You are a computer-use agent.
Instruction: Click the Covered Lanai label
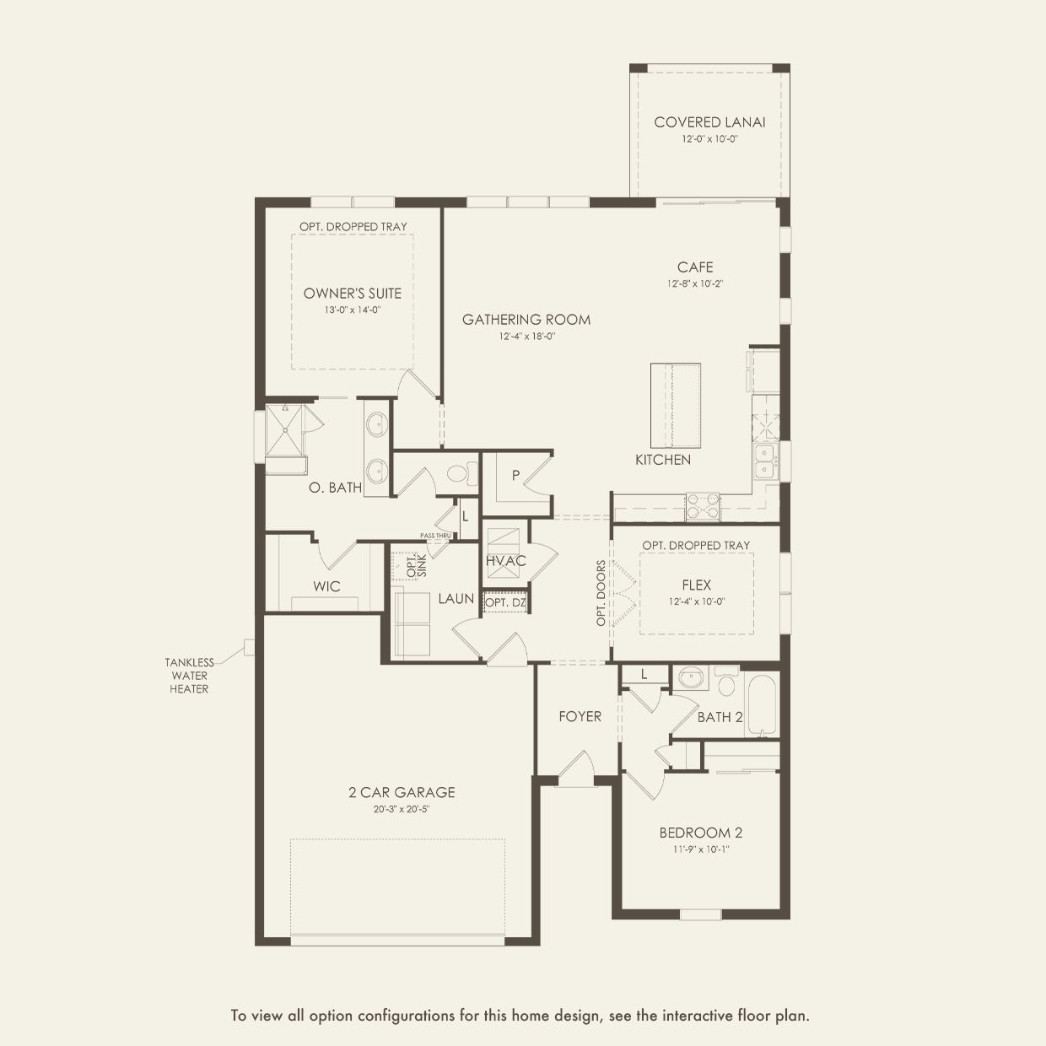pyautogui.click(x=709, y=122)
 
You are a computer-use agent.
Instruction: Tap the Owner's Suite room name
pyautogui.click(x=353, y=294)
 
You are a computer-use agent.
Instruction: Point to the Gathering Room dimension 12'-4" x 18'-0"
pyautogui.click(x=527, y=337)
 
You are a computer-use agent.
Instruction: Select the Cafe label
pyautogui.click(x=695, y=267)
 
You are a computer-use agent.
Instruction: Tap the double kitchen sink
pyautogui.click(x=765, y=461)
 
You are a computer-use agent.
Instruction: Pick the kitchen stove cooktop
pyautogui.click(x=703, y=506)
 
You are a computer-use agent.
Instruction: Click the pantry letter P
pyautogui.click(x=515, y=476)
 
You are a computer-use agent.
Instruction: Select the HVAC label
pyautogui.click(x=506, y=561)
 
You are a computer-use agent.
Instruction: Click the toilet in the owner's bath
pyautogui.click(x=462, y=473)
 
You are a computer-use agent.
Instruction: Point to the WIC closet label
pyautogui.click(x=326, y=586)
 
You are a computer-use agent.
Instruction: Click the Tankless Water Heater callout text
pyautogui.click(x=189, y=676)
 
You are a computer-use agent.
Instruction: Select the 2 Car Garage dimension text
pyautogui.click(x=402, y=809)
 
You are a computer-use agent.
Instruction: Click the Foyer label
pyautogui.click(x=580, y=716)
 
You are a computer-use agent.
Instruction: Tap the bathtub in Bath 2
pyautogui.click(x=762, y=705)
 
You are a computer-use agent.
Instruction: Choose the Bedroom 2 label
pyautogui.click(x=701, y=833)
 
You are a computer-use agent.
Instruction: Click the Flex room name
pyautogui.click(x=697, y=585)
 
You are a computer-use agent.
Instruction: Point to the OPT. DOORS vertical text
pyautogui.click(x=601, y=593)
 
